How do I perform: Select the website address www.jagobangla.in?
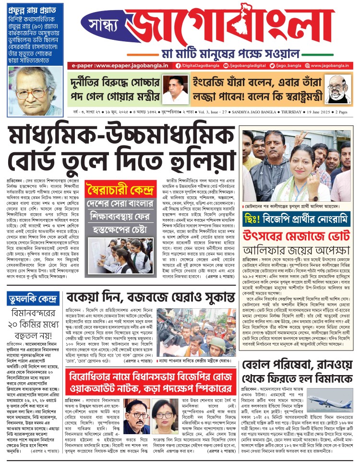[329, 65]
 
